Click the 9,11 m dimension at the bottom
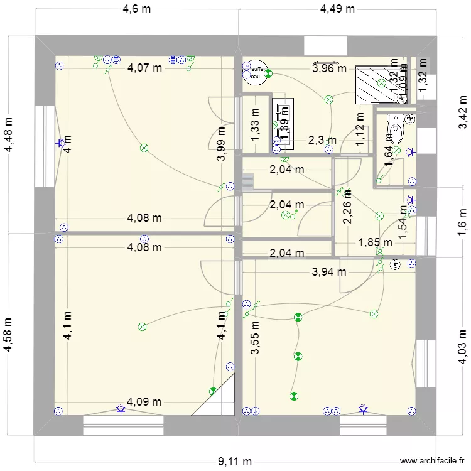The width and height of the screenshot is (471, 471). pos(235,462)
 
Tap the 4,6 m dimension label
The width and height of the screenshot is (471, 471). pos(136,9)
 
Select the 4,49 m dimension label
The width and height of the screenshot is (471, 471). pos(337,9)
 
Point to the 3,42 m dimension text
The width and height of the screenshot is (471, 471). pos(463,111)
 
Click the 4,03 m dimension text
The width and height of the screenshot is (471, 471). pos(463,348)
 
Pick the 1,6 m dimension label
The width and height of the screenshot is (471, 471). pos(463,219)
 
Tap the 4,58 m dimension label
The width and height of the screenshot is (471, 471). pos(9,335)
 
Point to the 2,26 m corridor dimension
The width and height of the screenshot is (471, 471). pos(347,208)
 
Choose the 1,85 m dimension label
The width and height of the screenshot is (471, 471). pos(376,242)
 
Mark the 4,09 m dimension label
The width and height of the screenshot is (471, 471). pos(144,402)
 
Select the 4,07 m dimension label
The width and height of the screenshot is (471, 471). pos(144,68)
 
